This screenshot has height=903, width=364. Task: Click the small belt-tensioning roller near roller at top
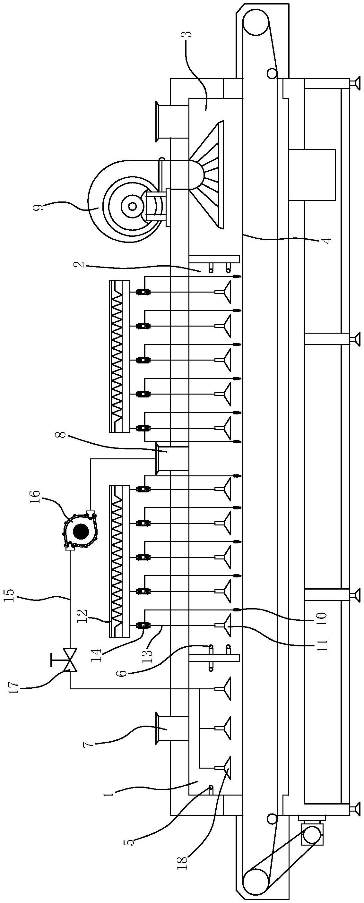click(x=271, y=73)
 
